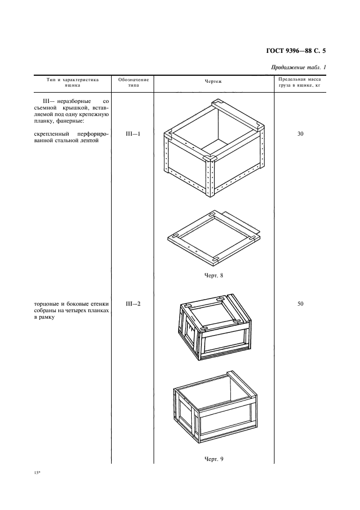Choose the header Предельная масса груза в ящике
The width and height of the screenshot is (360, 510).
(300, 82)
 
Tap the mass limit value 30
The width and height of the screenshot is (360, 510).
(300, 133)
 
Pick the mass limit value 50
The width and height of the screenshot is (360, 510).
(300, 303)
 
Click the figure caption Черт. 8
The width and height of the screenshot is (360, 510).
(213, 275)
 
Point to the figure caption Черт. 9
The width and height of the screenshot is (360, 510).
(213, 458)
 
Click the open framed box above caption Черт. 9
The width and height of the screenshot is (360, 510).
(215, 408)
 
